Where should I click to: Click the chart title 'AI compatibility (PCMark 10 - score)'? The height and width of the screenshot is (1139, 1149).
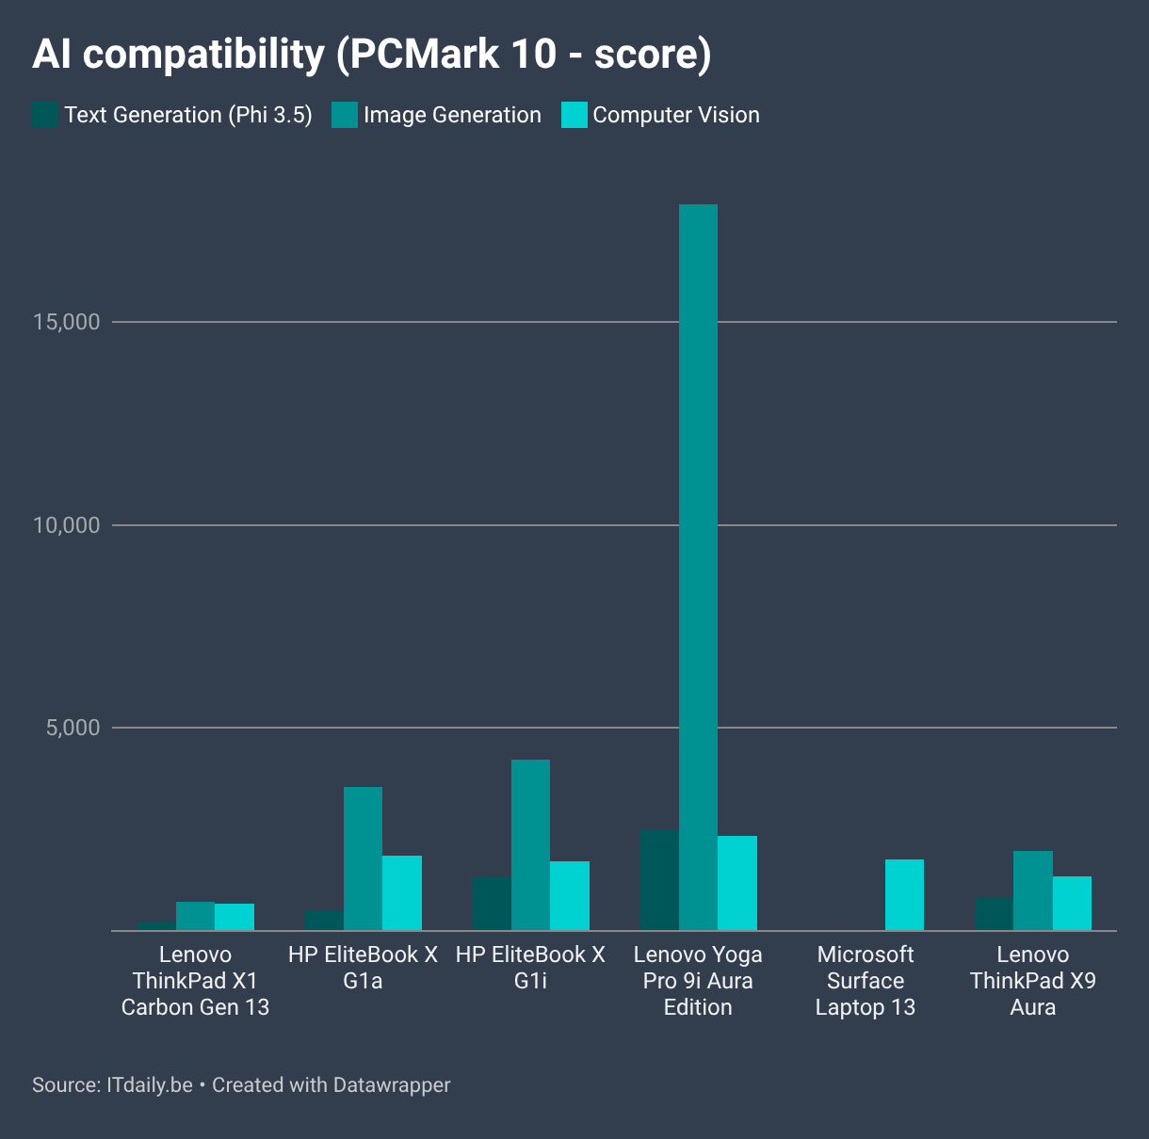(x=371, y=55)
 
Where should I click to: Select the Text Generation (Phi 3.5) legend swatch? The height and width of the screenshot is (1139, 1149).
(x=45, y=115)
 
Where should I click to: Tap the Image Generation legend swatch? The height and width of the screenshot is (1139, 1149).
(x=345, y=115)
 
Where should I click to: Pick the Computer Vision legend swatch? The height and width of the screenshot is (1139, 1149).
(x=574, y=115)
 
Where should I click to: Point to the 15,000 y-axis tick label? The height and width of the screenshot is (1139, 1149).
(x=66, y=322)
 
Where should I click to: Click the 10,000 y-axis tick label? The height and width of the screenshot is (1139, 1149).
(x=66, y=525)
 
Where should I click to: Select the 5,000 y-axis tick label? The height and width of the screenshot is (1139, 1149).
(x=73, y=728)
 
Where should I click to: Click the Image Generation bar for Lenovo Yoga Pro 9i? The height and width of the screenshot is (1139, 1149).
(x=698, y=567)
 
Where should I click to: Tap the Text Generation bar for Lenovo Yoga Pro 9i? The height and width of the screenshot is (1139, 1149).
(x=659, y=880)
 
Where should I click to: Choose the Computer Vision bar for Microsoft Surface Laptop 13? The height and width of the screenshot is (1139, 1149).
(x=904, y=894)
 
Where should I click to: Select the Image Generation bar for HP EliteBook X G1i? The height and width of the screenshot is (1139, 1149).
(x=530, y=844)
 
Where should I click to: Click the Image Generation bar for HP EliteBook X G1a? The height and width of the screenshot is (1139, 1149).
(x=364, y=858)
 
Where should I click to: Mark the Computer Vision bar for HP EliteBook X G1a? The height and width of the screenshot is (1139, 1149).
(x=402, y=892)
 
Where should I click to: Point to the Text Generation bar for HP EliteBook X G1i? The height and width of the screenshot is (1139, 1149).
(x=492, y=904)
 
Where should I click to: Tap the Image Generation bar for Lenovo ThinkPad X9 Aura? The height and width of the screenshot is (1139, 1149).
(x=1033, y=890)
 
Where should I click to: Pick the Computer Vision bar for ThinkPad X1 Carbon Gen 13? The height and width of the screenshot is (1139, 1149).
(x=235, y=917)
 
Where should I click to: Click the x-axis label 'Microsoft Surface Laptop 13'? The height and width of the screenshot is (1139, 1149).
(x=866, y=981)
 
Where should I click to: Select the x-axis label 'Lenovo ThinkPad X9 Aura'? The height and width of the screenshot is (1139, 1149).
(x=1033, y=981)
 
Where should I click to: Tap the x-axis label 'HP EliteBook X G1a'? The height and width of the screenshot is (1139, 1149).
(x=363, y=968)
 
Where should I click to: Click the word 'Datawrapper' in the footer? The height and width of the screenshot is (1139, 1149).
(x=392, y=1085)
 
